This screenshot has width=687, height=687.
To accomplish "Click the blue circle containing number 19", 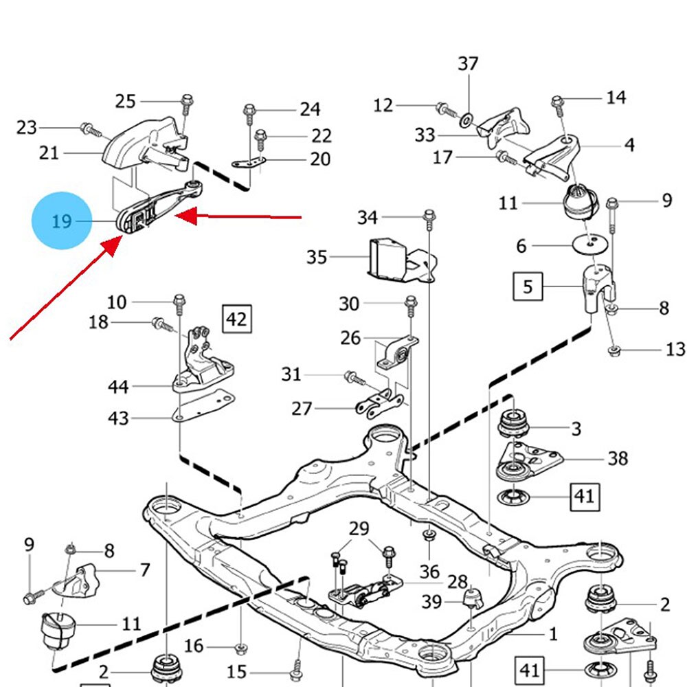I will [61, 221].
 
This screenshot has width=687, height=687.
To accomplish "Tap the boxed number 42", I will [236, 319].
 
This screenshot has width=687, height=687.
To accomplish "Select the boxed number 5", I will [528, 285].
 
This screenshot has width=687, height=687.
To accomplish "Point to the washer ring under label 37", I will [466, 121].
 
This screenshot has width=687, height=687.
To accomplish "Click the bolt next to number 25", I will [186, 104].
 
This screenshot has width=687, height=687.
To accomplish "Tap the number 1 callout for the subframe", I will [553, 634].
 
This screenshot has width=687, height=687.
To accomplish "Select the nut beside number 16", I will [240, 646].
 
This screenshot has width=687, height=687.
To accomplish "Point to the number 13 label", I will [675, 350].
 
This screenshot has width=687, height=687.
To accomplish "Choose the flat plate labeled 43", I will [206, 407].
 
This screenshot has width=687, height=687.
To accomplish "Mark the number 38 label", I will [618, 458].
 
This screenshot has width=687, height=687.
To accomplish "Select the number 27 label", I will [302, 409].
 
